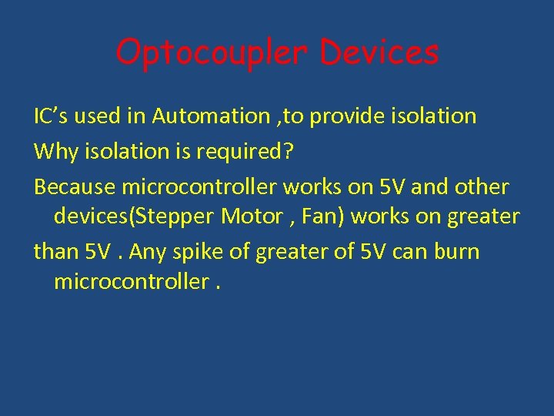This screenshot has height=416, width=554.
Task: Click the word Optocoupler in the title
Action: [212, 53]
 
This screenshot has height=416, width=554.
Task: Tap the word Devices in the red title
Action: [379, 52]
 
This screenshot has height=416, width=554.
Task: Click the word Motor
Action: [249, 216]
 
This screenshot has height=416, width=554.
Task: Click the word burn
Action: [459, 252]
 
